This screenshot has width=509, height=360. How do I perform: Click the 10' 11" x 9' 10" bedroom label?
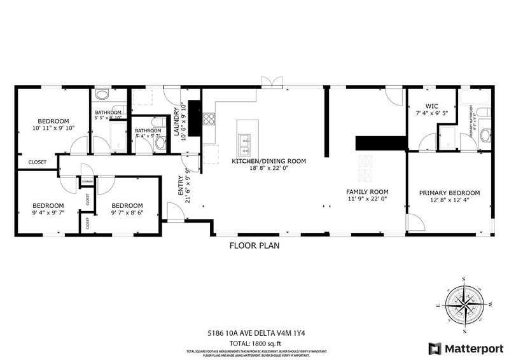click(53, 121)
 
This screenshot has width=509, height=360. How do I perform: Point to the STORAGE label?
click(87, 182)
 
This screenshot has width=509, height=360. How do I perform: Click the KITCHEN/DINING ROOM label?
click(268, 162)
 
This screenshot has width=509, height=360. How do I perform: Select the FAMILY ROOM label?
click(366, 191)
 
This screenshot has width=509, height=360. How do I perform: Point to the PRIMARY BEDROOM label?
click(449, 193)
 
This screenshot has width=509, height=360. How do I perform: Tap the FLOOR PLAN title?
click(254, 245)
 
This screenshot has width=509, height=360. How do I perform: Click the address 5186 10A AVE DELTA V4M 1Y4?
click(254, 332)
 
